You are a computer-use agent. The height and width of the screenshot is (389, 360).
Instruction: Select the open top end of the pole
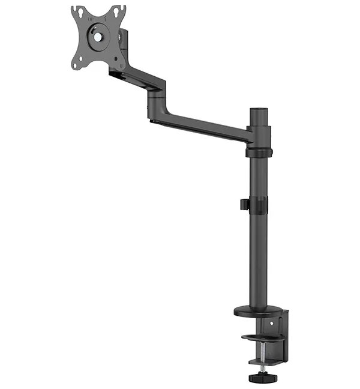(x=259, y=110)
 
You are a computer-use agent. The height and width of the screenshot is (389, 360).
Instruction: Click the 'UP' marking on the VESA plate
(x=91, y=18)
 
